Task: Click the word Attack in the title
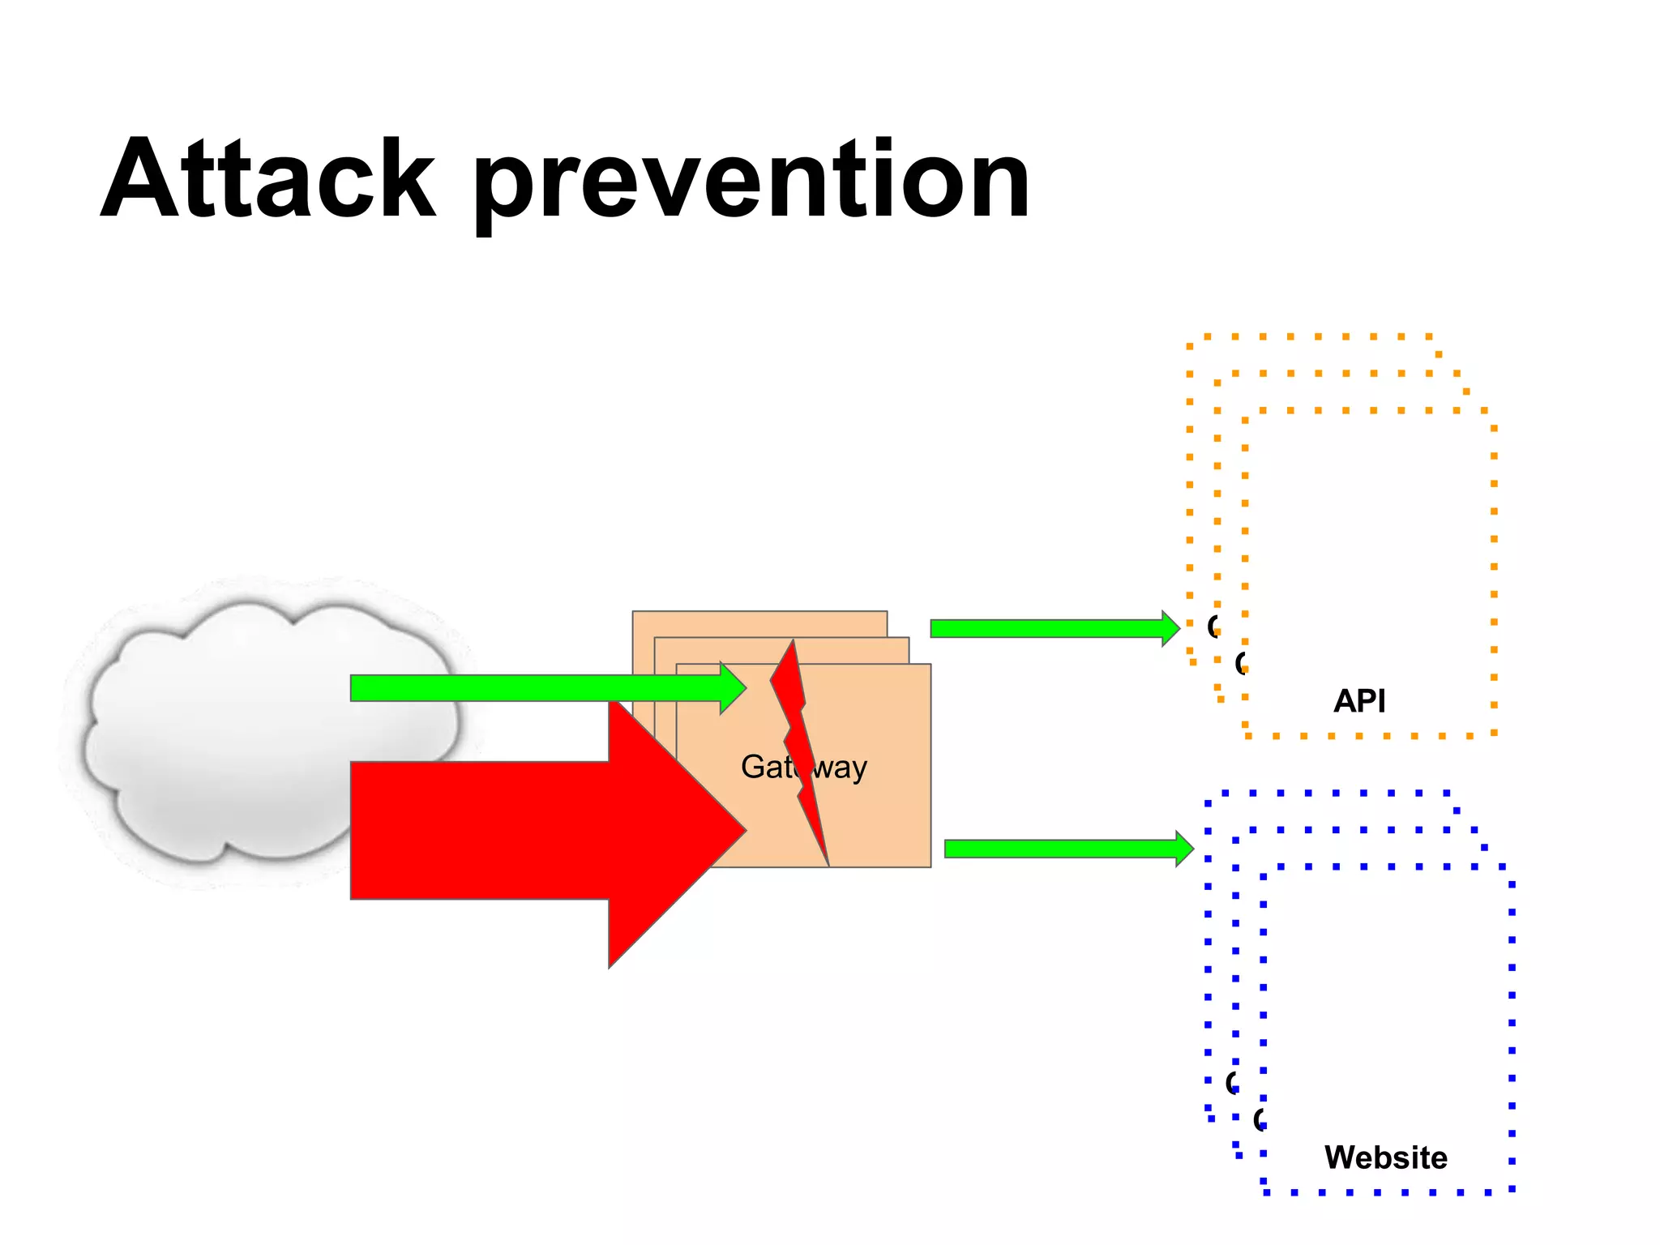267,180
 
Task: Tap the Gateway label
803,767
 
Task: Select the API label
1359,701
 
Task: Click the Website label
1385,1157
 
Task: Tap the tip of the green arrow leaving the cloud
743,688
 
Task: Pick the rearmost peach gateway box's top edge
759,612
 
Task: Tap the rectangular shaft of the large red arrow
478,831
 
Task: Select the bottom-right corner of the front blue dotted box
1512,1190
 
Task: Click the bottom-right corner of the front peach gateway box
929,866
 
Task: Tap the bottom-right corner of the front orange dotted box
1494,734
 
